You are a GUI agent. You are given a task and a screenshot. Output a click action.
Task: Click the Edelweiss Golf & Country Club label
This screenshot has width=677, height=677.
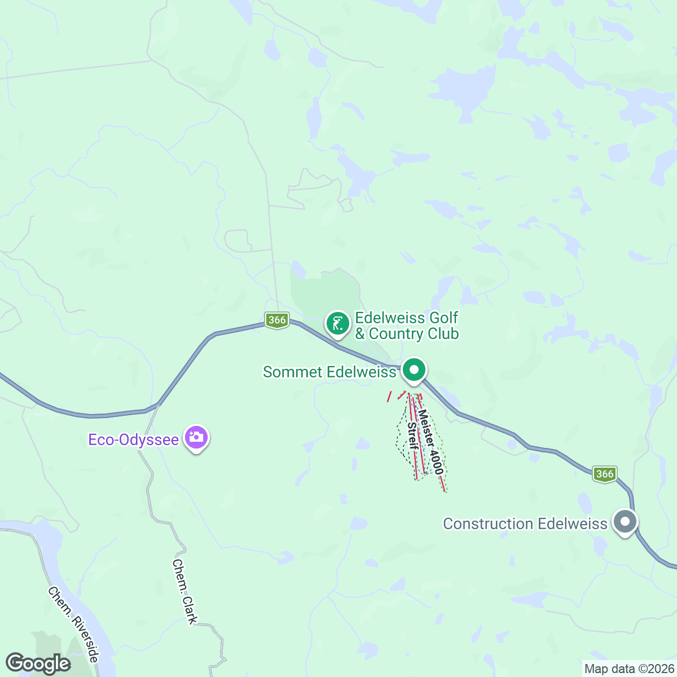click(x=406, y=326)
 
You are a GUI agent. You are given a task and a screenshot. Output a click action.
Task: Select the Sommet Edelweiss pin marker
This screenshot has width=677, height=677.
click(x=415, y=371)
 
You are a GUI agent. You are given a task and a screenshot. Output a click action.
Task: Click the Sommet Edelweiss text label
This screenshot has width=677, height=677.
click(x=329, y=372)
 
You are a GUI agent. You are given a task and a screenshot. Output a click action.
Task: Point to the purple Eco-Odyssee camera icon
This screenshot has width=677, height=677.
click(x=196, y=437)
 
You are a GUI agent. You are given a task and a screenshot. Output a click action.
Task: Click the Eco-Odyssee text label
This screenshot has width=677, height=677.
click(x=133, y=439)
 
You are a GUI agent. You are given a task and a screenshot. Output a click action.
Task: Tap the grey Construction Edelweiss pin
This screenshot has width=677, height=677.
click(x=625, y=521)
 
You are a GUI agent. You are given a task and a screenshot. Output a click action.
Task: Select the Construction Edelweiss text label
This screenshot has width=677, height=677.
click(x=525, y=524)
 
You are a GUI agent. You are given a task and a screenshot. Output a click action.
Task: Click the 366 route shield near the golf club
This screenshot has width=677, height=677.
click(x=277, y=320)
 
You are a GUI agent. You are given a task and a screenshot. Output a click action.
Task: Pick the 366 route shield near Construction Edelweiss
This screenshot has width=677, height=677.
click(x=605, y=474)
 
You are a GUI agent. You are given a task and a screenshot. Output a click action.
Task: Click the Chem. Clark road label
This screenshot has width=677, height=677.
click(x=185, y=592)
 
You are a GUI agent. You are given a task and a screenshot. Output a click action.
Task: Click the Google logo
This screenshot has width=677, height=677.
click(x=38, y=663)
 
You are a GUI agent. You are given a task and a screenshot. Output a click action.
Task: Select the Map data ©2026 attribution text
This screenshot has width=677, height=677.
click(x=628, y=669)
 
